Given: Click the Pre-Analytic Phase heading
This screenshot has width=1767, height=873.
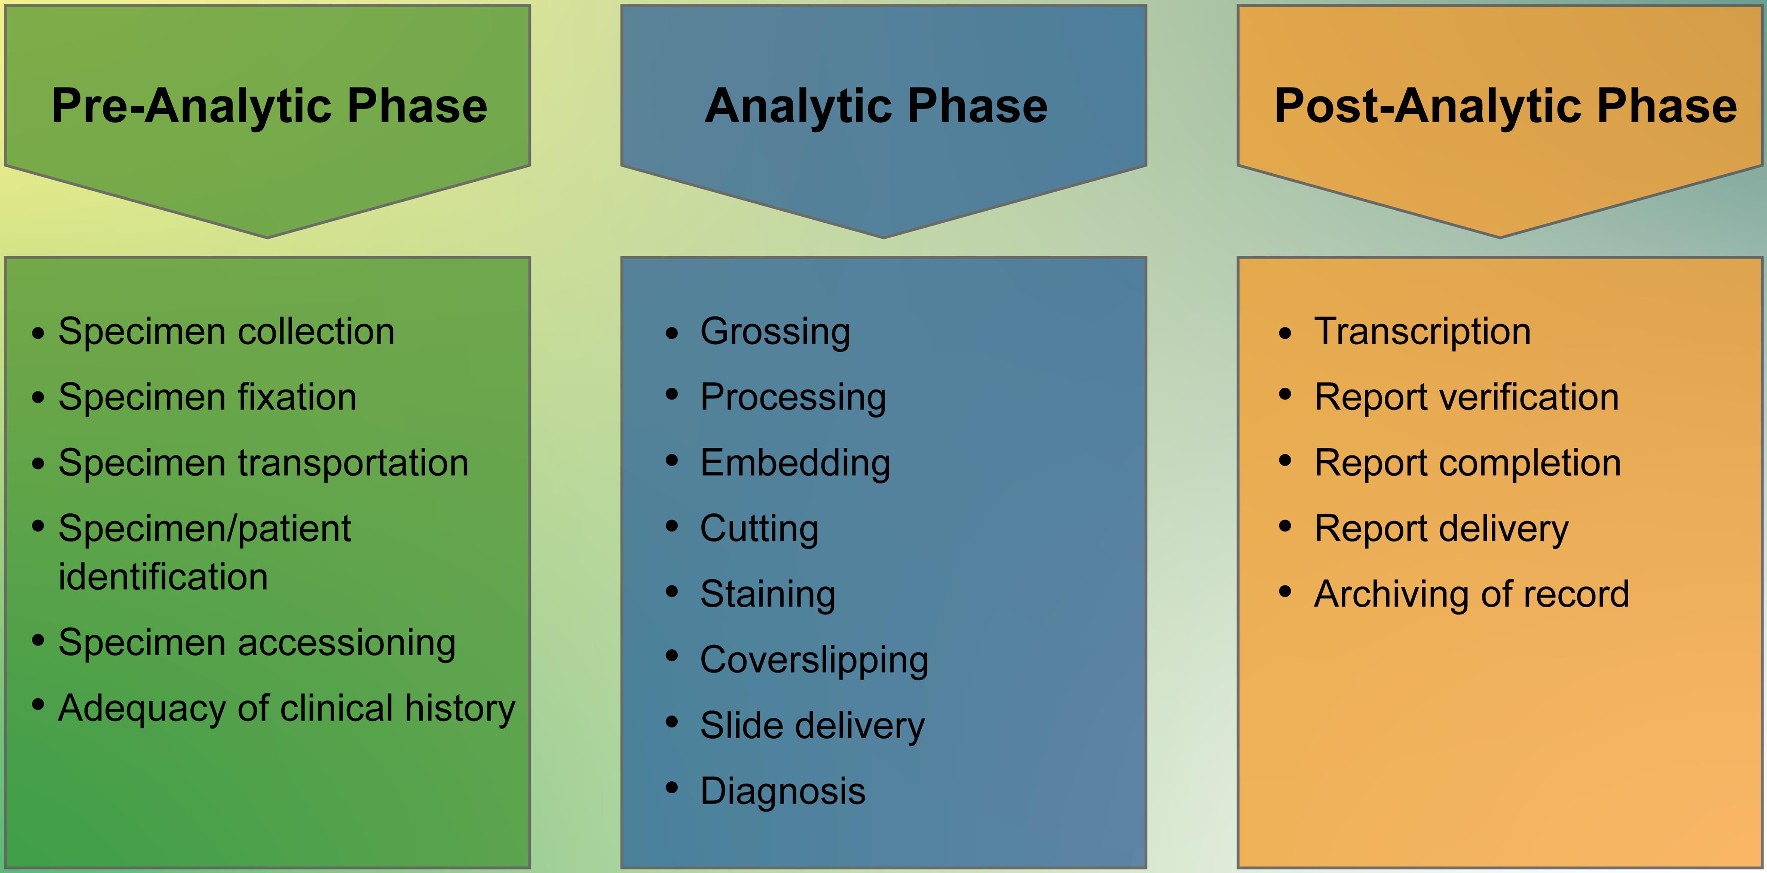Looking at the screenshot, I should click(269, 106).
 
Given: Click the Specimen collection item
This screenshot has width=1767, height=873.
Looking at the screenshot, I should click(226, 332).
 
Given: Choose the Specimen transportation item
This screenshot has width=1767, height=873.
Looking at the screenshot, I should click(263, 463).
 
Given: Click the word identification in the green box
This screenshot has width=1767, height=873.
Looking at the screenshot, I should click(163, 577).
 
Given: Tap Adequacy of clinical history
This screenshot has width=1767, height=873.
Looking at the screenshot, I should click(286, 708).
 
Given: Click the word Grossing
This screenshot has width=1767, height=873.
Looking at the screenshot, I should click(775, 332).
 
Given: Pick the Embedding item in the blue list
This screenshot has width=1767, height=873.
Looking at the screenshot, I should click(795, 463).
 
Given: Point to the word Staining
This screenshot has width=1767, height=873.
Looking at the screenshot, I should click(768, 594).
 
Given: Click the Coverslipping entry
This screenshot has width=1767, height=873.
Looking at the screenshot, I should click(814, 660).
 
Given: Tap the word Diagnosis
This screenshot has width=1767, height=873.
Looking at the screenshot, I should click(783, 791).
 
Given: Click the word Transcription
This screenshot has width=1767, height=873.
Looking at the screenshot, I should click(1422, 332).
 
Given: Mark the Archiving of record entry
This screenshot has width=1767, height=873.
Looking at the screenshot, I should click(1472, 594).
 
